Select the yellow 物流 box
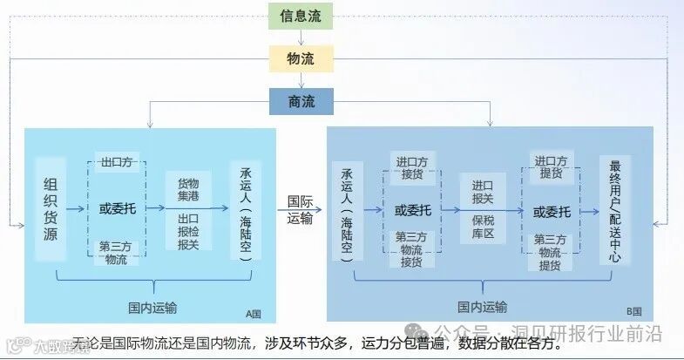(x=301, y=59)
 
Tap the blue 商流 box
(x=301, y=103)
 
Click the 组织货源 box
(x=50, y=209)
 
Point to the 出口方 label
(x=117, y=162)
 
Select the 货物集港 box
(x=188, y=190)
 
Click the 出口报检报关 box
(x=188, y=232)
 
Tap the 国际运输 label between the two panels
(x=301, y=209)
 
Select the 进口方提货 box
(x=551, y=166)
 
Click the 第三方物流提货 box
(x=551, y=252)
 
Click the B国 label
(x=634, y=311)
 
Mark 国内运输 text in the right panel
(x=482, y=306)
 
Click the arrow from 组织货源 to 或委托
(x=74, y=209)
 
